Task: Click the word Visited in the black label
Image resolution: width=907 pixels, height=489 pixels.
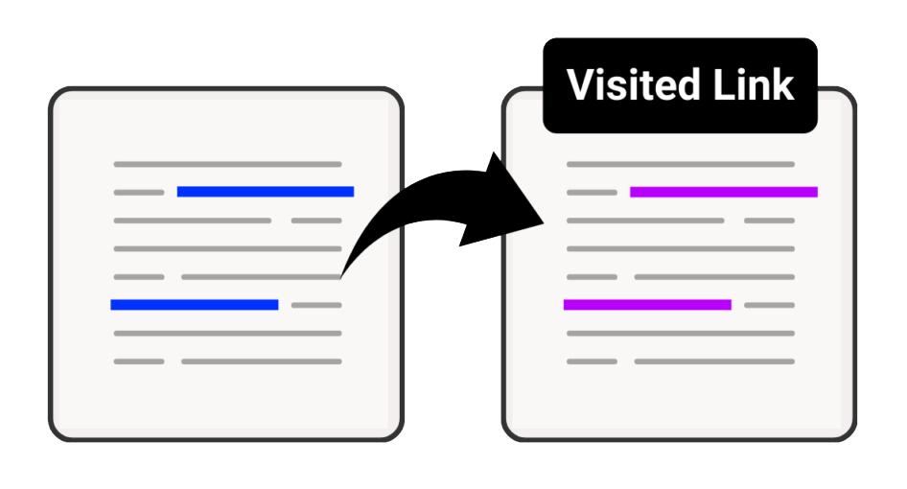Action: pyautogui.click(x=633, y=84)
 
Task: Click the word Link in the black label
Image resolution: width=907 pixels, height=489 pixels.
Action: pyautogui.click(x=754, y=84)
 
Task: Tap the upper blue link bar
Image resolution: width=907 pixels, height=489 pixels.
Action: pyautogui.click(x=266, y=192)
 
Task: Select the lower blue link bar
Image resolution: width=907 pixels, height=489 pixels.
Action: pyautogui.click(x=195, y=304)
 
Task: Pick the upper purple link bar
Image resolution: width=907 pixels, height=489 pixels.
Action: pyautogui.click(x=724, y=192)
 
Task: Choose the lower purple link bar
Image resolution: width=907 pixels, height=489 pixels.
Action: pyautogui.click(x=647, y=304)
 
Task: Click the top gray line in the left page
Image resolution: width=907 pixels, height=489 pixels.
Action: pyautogui.click(x=228, y=164)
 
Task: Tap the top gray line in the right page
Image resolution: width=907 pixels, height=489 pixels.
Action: pyautogui.click(x=681, y=164)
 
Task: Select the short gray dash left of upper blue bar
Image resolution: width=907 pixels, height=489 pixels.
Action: pyautogui.click(x=139, y=192)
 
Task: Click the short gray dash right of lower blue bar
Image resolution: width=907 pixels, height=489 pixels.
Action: pyautogui.click(x=316, y=305)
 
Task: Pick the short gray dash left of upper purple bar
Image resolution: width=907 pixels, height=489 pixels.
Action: pyautogui.click(x=592, y=192)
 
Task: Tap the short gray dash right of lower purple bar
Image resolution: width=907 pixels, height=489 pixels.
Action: pyautogui.click(x=769, y=305)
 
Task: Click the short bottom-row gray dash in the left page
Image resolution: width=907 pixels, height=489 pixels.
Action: pyautogui.click(x=139, y=361)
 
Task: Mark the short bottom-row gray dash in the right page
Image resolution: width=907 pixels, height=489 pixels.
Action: pyautogui.click(x=592, y=361)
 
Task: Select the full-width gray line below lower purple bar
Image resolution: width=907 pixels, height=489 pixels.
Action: pyautogui.click(x=681, y=334)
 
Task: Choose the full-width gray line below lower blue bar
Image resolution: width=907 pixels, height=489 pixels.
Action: pyautogui.click(x=228, y=334)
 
